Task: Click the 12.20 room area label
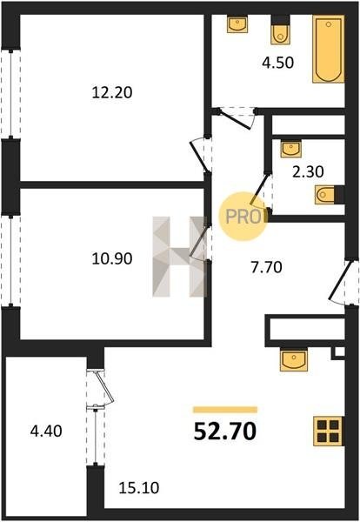[112, 92]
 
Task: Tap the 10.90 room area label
[112, 258]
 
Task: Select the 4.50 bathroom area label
[277, 63]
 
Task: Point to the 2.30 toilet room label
[308, 171]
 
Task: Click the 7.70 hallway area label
[266, 267]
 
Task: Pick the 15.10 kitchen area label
[139, 488]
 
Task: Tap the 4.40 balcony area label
[46, 432]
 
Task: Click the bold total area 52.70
[225, 432]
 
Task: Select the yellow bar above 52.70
[225, 410]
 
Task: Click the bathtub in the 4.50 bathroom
[328, 50]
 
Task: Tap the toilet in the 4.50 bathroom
[280, 30]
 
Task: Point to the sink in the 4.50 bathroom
[237, 24]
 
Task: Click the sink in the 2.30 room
[291, 149]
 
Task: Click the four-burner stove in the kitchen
[328, 432]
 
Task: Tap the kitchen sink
[294, 359]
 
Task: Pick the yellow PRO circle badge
[243, 217]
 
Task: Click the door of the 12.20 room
[200, 155]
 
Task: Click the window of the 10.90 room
[10, 260]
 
